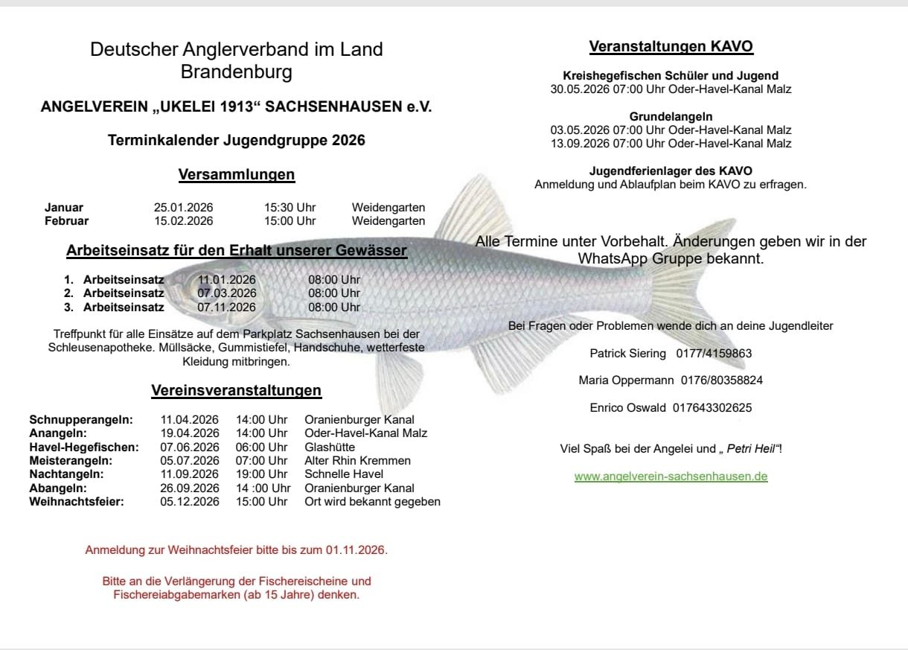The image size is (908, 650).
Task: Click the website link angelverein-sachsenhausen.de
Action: pyautogui.click(x=671, y=477)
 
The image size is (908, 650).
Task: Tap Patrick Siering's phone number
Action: pyautogui.click(x=714, y=353)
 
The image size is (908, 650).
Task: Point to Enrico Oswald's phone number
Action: pyautogui.click(x=712, y=408)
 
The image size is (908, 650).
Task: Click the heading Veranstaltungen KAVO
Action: pyautogui.click(x=671, y=47)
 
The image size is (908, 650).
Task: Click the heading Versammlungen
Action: pyautogui.click(x=237, y=175)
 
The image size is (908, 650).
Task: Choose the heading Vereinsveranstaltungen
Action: pyautogui.click(x=237, y=390)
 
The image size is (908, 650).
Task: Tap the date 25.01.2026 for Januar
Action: pyautogui.click(x=183, y=208)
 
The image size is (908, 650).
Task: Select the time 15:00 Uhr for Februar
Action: pyautogui.click(x=290, y=221)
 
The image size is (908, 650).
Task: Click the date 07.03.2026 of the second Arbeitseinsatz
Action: pyautogui.click(x=226, y=293)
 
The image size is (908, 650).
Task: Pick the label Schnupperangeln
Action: pyautogui.click(x=81, y=420)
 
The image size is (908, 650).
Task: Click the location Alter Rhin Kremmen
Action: pyautogui.click(x=357, y=461)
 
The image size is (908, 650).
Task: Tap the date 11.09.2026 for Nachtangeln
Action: pyautogui.click(x=190, y=474)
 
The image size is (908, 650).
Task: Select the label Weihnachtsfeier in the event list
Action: pyautogui.click(x=77, y=502)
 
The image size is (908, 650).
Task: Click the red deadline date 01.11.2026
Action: pyautogui.click(x=355, y=551)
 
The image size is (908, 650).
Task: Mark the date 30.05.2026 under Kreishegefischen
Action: pyautogui.click(x=574, y=89)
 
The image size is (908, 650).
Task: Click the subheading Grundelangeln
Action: pyautogui.click(x=671, y=117)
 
